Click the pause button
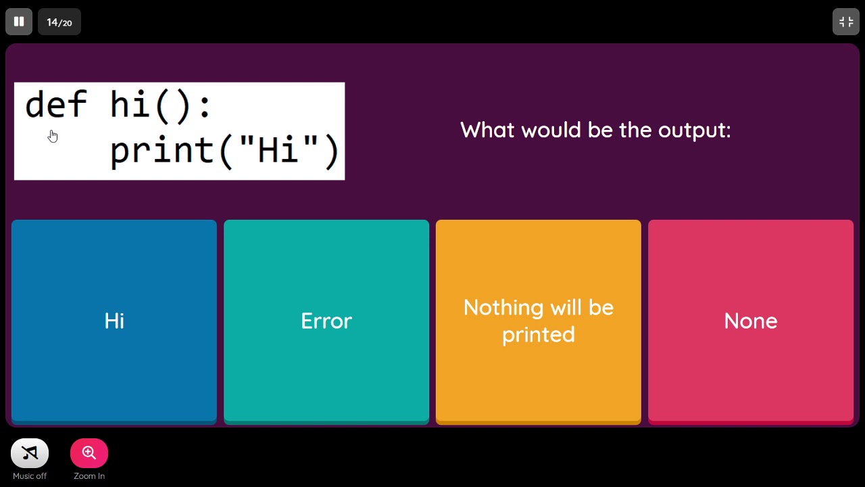[19, 22]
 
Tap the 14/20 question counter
[59, 22]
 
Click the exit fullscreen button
[845, 22]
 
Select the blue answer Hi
[114, 321]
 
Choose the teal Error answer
[326, 321]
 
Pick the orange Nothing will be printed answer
[539, 321]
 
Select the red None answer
[750, 321]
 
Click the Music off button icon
[30, 453]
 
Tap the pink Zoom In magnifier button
[89, 453]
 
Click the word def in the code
[55, 106]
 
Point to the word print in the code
[162, 150]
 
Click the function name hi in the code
[129, 106]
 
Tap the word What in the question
[487, 130]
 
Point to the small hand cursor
[53, 136]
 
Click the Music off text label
[30, 476]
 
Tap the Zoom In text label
[89, 476]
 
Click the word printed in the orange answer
[539, 335]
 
